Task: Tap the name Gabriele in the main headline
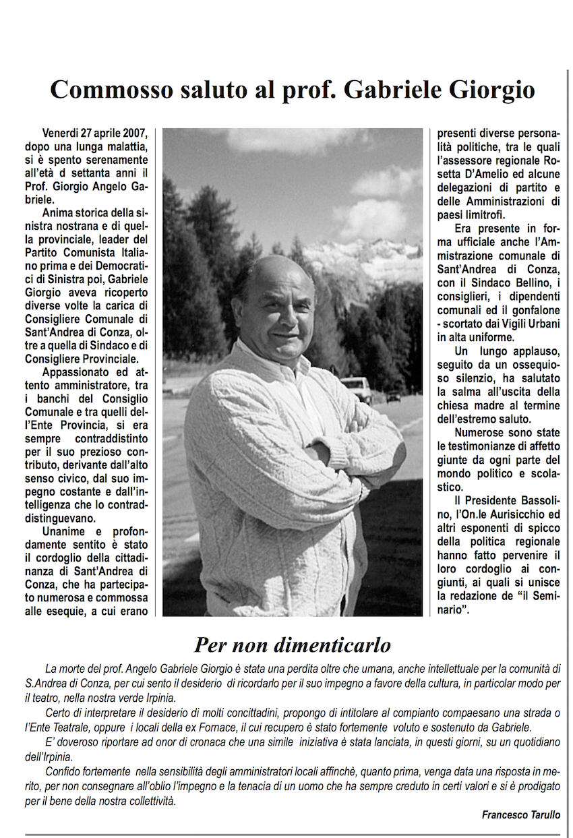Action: pos(397,90)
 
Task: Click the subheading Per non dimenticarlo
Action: pos(293,645)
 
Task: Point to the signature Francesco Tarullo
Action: pos(520,814)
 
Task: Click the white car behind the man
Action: pos(356,388)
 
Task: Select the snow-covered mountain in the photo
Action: pos(364,260)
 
